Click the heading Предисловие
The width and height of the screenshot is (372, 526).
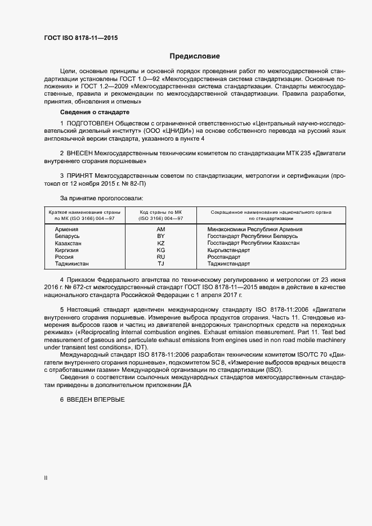click(x=195, y=56)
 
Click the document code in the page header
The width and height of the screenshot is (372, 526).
click(x=81, y=39)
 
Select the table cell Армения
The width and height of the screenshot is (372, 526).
click(x=66, y=230)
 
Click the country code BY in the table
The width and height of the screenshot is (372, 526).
click(x=161, y=236)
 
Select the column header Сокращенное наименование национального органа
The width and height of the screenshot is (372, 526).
click(x=271, y=213)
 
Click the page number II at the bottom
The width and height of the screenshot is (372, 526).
click(x=46, y=478)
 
